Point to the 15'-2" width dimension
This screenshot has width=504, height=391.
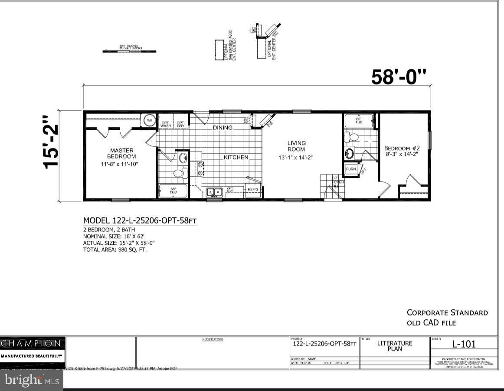[51, 142]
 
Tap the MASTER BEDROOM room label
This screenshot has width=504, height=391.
[121, 153]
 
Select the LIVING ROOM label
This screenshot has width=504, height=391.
[297, 146]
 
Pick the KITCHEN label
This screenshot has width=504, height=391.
[236, 157]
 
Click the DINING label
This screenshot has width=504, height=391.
[223, 128]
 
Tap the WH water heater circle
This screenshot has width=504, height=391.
[149, 120]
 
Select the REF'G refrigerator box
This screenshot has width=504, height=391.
[252, 190]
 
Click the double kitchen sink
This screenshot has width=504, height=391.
[214, 192]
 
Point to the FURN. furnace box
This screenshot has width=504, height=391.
[351, 169]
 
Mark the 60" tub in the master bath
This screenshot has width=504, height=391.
[173, 191]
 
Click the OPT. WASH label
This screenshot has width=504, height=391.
[166, 124]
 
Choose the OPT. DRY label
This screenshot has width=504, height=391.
[180, 124]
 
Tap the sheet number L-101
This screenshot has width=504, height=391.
[464, 344]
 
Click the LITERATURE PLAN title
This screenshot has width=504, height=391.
[395, 345]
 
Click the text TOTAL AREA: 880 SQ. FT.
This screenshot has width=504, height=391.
[115, 250]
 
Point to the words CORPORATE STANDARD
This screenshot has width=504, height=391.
[447, 312]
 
